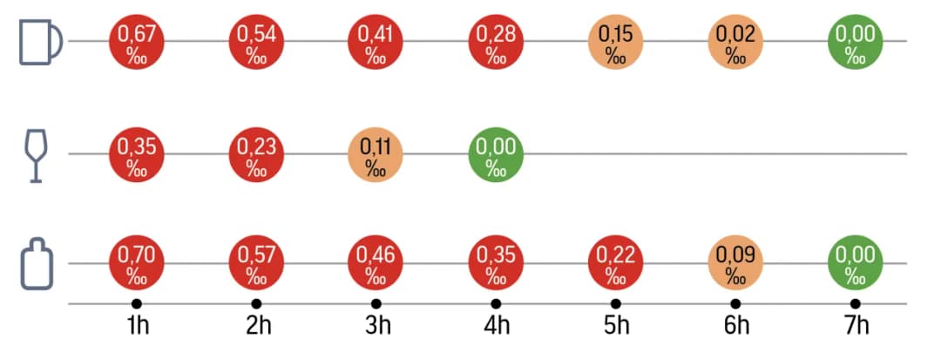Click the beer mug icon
(x=40, y=42)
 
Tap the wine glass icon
(x=36, y=154)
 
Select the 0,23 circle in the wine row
(x=256, y=156)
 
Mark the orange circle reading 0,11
(x=376, y=156)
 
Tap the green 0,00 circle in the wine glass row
(x=496, y=156)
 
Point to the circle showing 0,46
(x=376, y=264)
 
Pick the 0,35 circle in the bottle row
(x=496, y=264)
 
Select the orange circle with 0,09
(x=735, y=264)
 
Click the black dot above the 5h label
(x=616, y=303)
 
